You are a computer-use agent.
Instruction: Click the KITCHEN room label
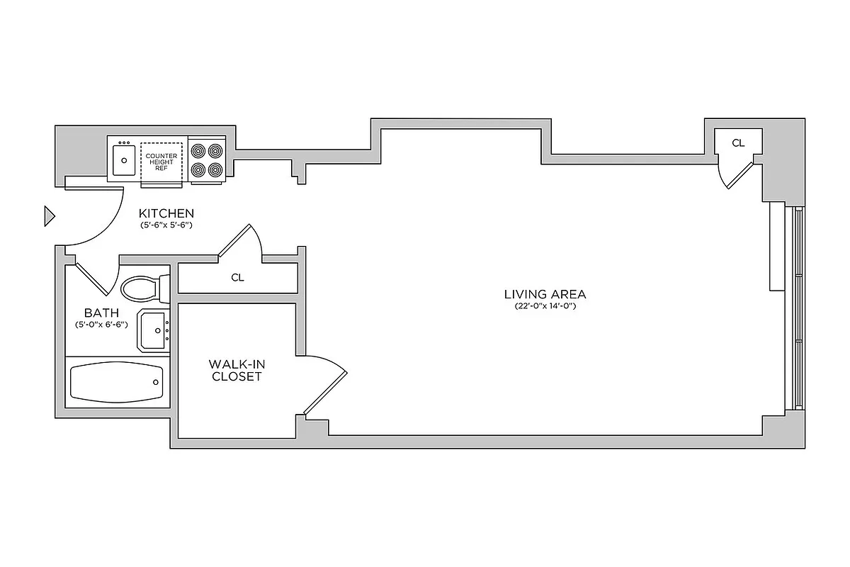tap(166, 213)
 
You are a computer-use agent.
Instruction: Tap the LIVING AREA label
tap(545, 294)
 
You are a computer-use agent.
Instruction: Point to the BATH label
tap(101, 313)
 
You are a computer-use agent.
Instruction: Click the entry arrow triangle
tap(49, 215)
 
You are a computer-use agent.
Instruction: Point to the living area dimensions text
tap(545, 307)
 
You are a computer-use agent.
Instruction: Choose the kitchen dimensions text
tap(166, 225)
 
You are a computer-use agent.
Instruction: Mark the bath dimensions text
tap(101, 325)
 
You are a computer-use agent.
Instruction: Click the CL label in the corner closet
tap(738, 143)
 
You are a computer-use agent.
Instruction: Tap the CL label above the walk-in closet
tap(237, 278)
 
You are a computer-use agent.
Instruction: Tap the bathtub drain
tap(156, 382)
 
